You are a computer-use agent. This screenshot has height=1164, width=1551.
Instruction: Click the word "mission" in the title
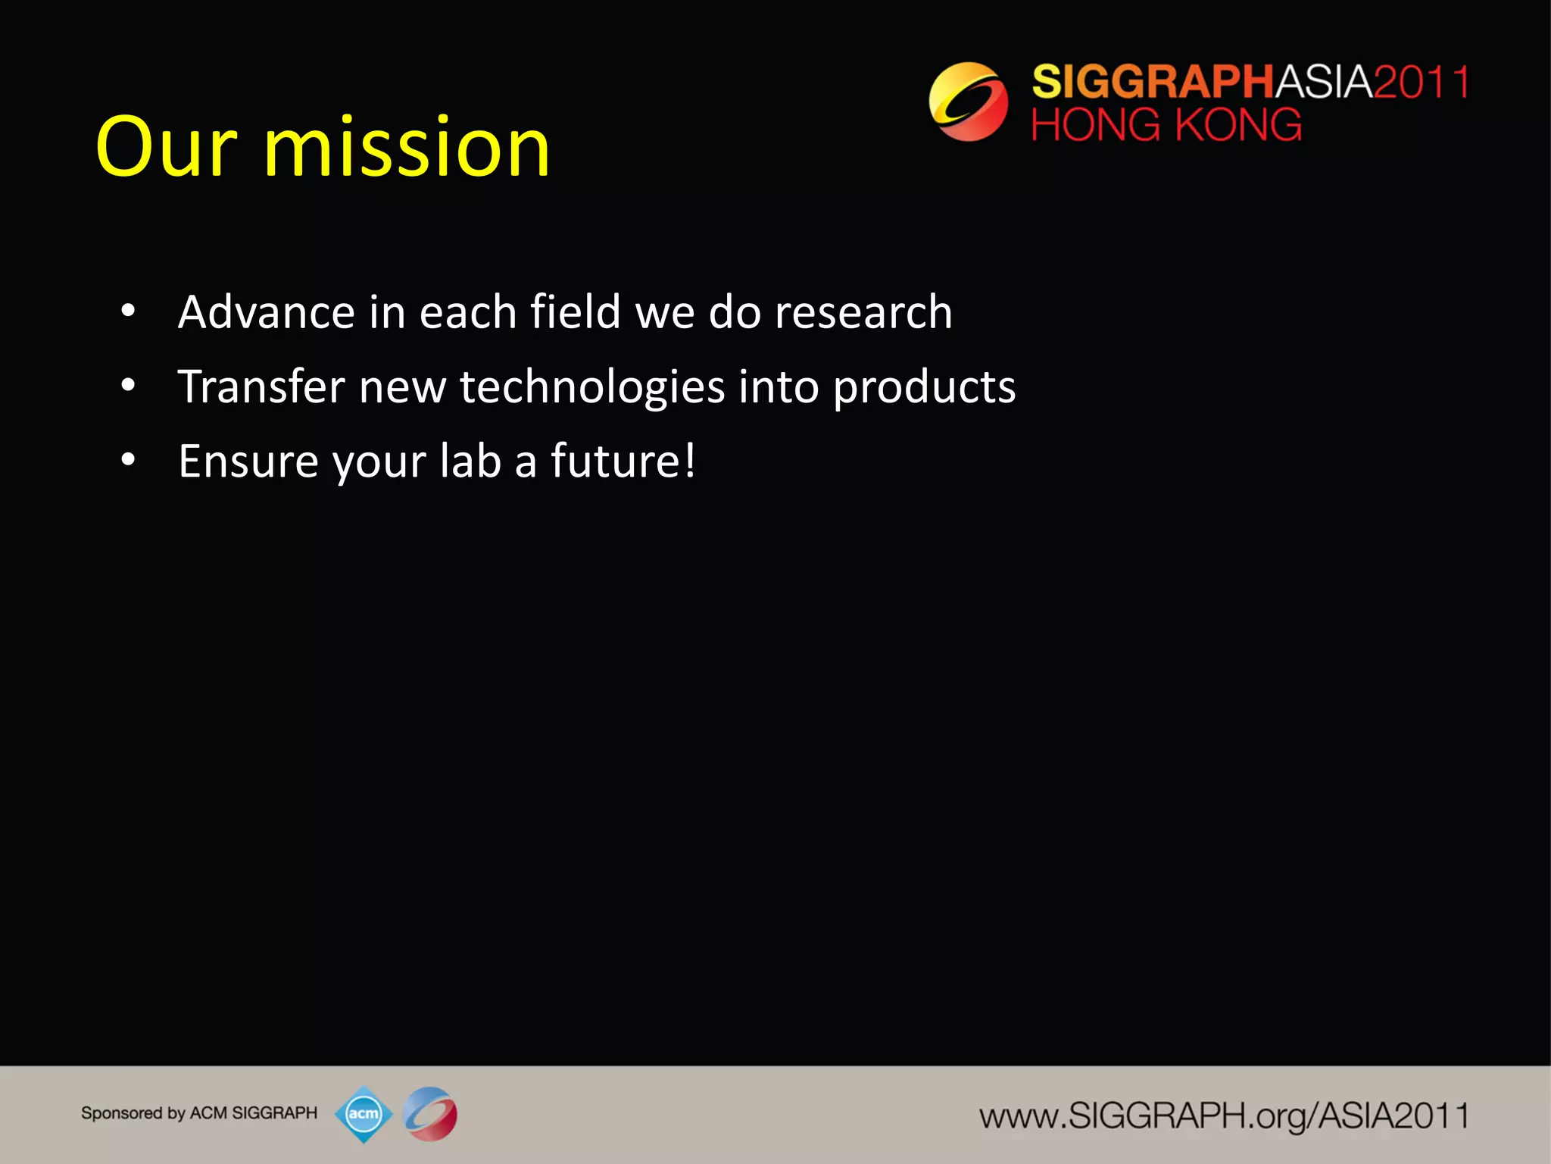[406, 148]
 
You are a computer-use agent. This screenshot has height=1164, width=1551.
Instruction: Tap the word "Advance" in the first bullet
[266, 312]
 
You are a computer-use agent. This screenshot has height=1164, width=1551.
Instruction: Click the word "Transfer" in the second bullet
[261, 386]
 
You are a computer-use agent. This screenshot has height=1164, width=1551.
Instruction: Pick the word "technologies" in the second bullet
[592, 386]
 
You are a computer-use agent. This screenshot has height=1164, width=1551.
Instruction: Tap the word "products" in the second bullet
[924, 388]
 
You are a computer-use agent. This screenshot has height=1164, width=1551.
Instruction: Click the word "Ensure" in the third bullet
[248, 461]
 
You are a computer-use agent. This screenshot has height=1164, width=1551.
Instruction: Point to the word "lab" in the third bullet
[470, 461]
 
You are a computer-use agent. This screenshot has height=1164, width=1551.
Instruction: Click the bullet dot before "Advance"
[128, 311]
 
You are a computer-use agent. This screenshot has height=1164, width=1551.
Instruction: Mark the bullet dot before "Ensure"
[128, 459]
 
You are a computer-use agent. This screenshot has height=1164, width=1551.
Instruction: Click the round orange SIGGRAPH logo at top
[968, 102]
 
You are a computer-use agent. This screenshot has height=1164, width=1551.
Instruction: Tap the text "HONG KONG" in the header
[1166, 125]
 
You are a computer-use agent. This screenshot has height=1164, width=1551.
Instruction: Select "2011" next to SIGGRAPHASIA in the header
[1421, 82]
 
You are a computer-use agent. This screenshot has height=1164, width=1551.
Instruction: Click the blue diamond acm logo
[364, 1114]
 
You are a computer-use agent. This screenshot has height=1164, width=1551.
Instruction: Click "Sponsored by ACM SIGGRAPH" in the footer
[199, 1113]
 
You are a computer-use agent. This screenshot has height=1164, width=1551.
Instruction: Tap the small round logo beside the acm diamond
[430, 1114]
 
